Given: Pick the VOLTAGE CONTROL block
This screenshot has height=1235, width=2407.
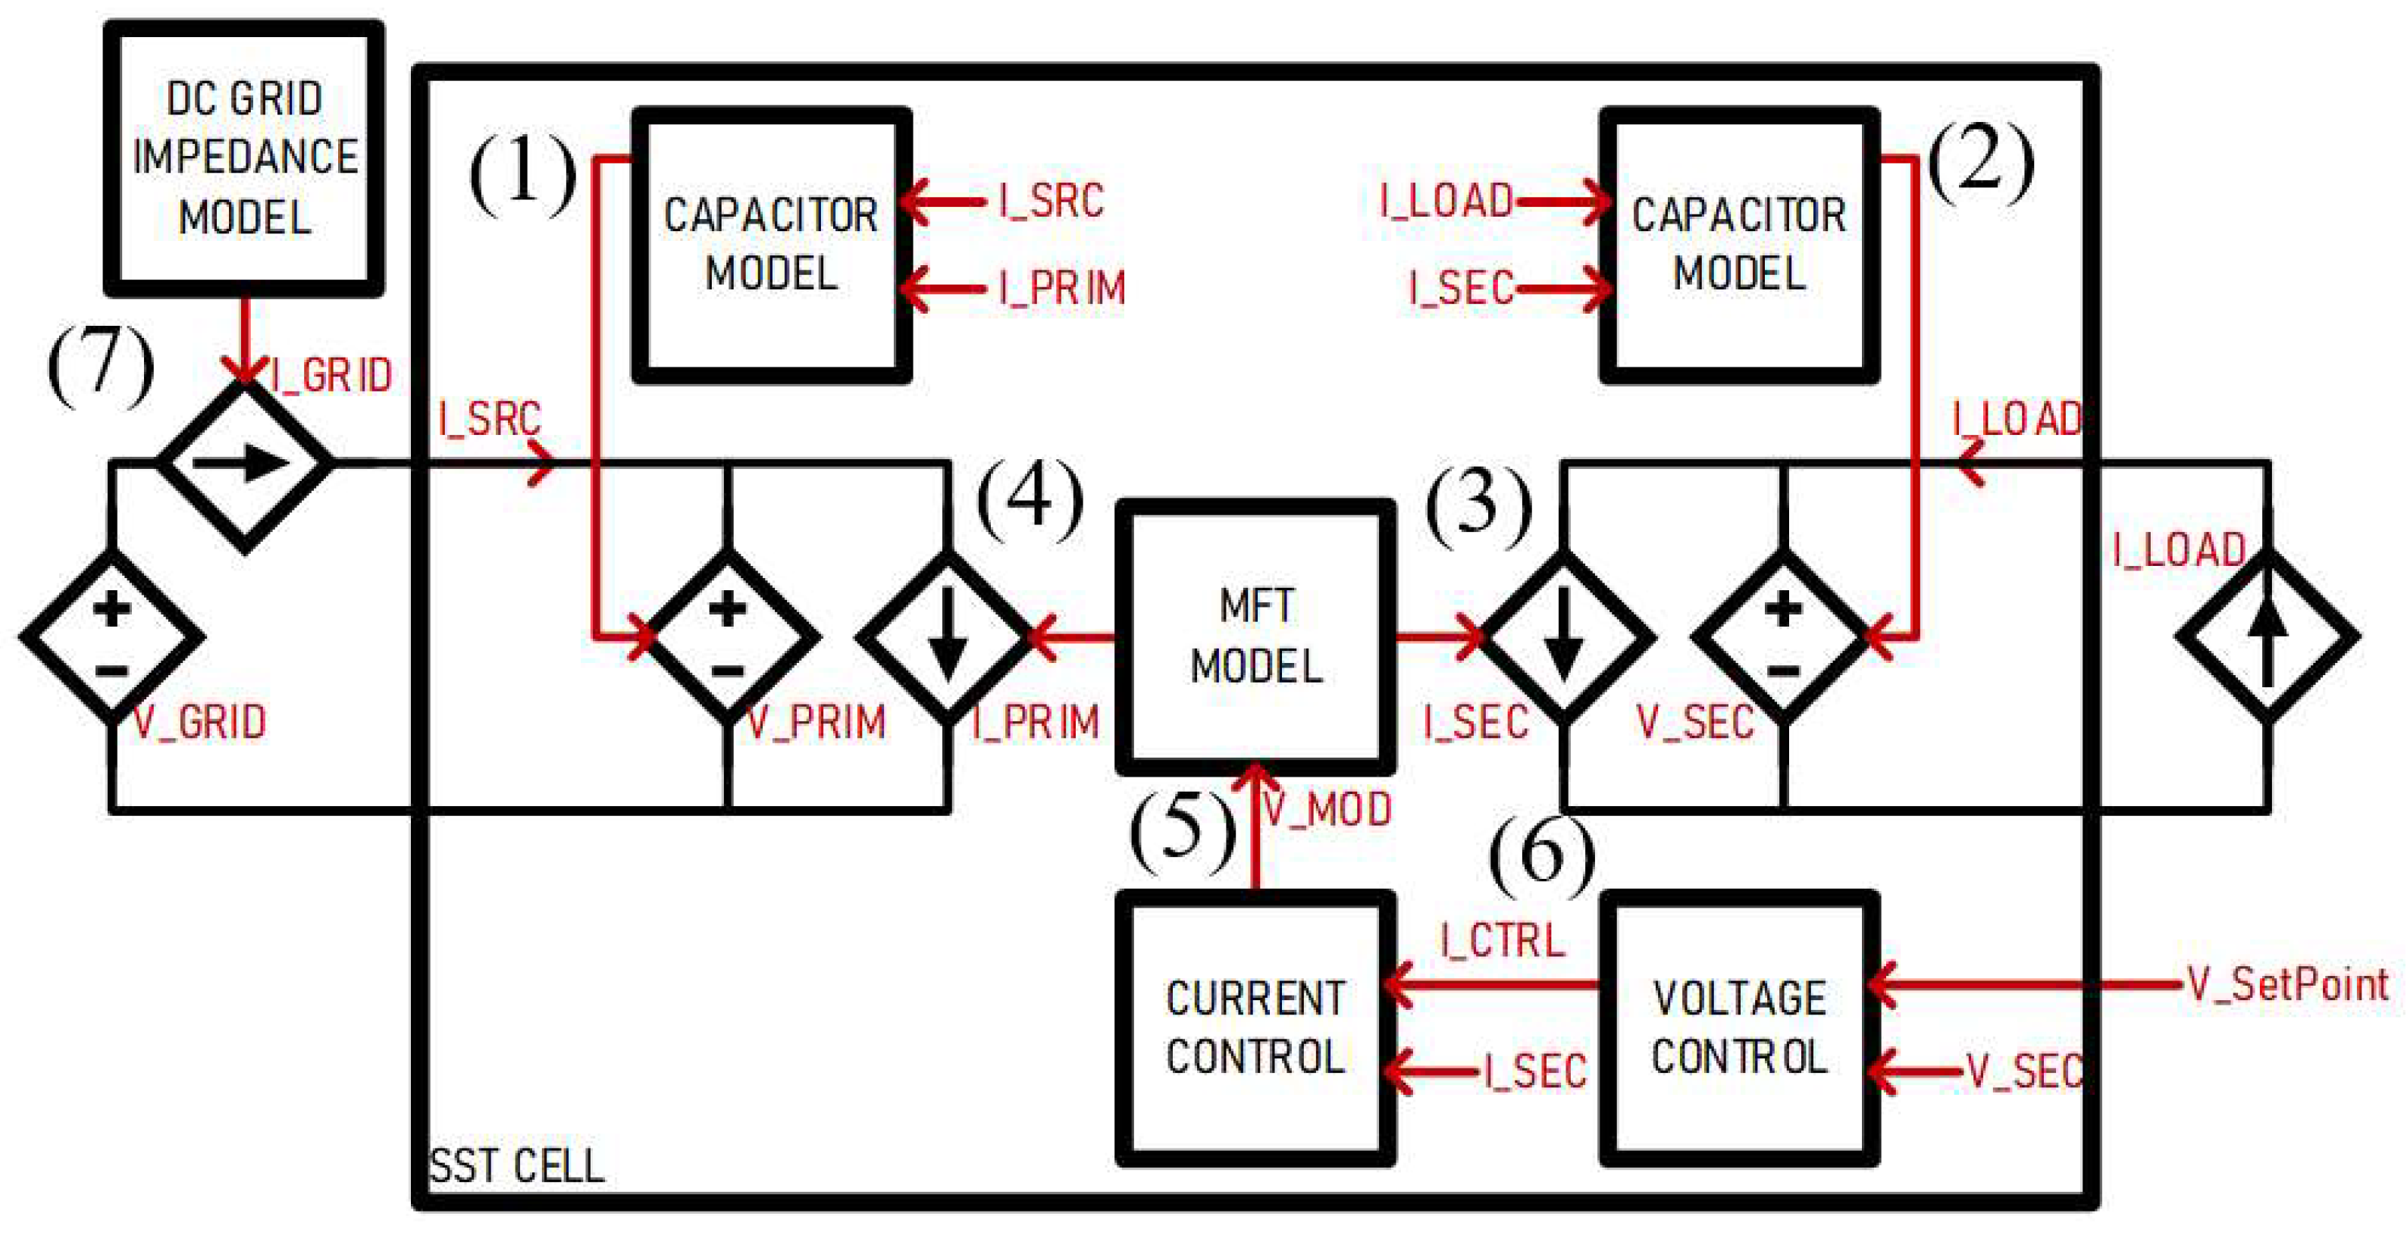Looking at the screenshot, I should (1739, 1027).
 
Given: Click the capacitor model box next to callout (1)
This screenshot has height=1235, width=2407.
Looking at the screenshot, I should (772, 245).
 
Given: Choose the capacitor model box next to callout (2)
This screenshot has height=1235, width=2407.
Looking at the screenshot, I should (1739, 245).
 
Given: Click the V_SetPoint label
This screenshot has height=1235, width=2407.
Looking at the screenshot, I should (2287, 985).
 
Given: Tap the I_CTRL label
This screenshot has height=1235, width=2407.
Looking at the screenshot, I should (1503, 940).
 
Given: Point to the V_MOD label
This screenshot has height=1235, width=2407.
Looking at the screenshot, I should (1327, 809).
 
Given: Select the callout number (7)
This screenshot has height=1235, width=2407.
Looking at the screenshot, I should (101, 365).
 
